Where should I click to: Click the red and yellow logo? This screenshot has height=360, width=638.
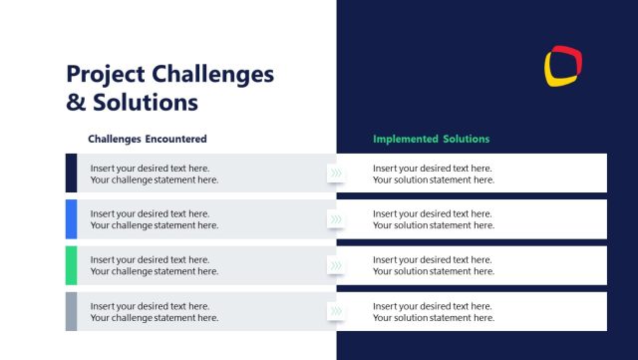click(563, 65)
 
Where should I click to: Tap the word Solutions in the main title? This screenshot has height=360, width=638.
click(144, 102)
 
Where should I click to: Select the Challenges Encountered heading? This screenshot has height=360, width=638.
click(148, 139)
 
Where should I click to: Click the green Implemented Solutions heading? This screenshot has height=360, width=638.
click(432, 139)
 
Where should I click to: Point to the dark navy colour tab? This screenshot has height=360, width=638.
click(71, 173)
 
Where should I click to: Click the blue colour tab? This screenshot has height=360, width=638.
click(71, 218)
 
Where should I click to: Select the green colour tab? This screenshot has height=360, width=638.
click(71, 265)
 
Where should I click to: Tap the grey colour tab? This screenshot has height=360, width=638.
click(71, 311)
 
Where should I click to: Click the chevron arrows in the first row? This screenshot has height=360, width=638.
click(336, 174)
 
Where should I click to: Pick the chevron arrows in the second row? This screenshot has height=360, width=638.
click(336, 219)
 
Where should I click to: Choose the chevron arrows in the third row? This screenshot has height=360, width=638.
click(336, 266)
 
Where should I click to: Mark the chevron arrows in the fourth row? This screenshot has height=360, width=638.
click(336, 312)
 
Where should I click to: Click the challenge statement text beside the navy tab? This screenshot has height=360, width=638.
click(155, 175)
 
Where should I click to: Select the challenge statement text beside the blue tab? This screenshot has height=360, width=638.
click(155, 219)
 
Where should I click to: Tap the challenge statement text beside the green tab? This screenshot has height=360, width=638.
click(155, 266)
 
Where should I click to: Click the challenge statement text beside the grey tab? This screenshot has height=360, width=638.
click(155, 312)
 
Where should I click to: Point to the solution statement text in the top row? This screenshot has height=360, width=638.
click(434, 175)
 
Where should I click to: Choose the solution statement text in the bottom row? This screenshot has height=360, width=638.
click(434, 312)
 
